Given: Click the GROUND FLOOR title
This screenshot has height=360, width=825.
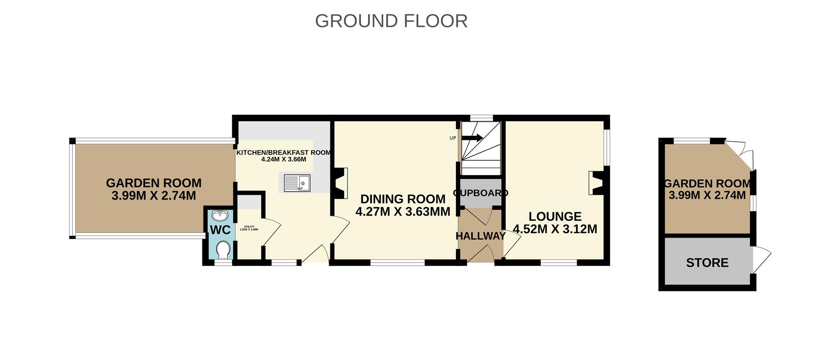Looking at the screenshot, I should click(391, 21).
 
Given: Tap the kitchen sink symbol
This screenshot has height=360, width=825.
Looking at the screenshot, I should click(297, 183).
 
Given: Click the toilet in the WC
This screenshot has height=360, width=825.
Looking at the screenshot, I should click(223, 250).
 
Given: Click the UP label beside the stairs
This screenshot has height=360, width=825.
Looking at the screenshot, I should click(452, 138).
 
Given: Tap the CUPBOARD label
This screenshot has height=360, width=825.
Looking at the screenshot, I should click(480, 193).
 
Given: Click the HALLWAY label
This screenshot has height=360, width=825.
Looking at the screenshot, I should click(480, 236).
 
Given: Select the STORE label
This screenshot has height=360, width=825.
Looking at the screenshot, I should click(707, 262).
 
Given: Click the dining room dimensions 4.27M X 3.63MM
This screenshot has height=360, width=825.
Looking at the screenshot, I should click(403, 211).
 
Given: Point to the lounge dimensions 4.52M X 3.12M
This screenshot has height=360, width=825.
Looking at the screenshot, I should click(555, 229).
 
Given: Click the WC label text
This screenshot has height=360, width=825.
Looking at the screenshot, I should click(220, 230).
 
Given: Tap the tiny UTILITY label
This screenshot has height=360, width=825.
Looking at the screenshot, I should click(249, 227).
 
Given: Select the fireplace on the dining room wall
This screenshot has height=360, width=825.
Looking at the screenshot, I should click(340, 183).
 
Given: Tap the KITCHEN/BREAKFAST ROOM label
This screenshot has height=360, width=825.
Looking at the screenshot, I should click(284, 153).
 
